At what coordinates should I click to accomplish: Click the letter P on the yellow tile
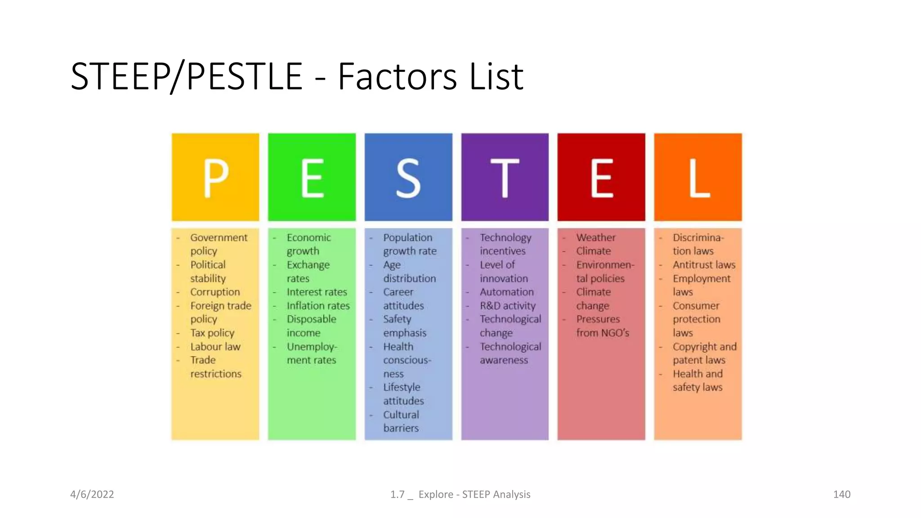(x=216, y=178)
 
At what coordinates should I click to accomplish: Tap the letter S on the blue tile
(x=408, y=179)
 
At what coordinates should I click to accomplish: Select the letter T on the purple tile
(x=505, y=178)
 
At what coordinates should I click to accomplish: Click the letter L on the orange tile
(x=699, y=178)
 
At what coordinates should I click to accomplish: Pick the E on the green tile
(x=312, y=178)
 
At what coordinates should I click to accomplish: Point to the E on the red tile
(x=602, y=178)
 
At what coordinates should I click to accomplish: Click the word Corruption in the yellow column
(x=215, y=292)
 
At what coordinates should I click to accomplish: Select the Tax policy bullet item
(x=212, y=333)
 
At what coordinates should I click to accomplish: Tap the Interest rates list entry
(x=317, y=292)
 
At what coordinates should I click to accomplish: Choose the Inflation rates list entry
(x=318, y=306)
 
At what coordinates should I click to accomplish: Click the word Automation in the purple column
(x=506, y=292)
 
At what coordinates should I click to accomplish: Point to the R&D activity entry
(x=508, y=306)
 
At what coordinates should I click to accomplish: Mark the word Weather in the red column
(x=596, y=237)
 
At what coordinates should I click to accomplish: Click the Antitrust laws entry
(x=704, y=265)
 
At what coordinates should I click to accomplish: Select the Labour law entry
(x=215, y=347)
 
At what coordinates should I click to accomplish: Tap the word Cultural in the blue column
(x=401, y=415)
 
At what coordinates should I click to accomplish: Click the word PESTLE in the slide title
(x=244, y=76)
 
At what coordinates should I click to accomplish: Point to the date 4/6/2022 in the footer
(x=92, y=494)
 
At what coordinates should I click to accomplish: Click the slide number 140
(x=841, y=494)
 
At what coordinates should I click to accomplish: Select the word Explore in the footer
(x=436, y=494)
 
